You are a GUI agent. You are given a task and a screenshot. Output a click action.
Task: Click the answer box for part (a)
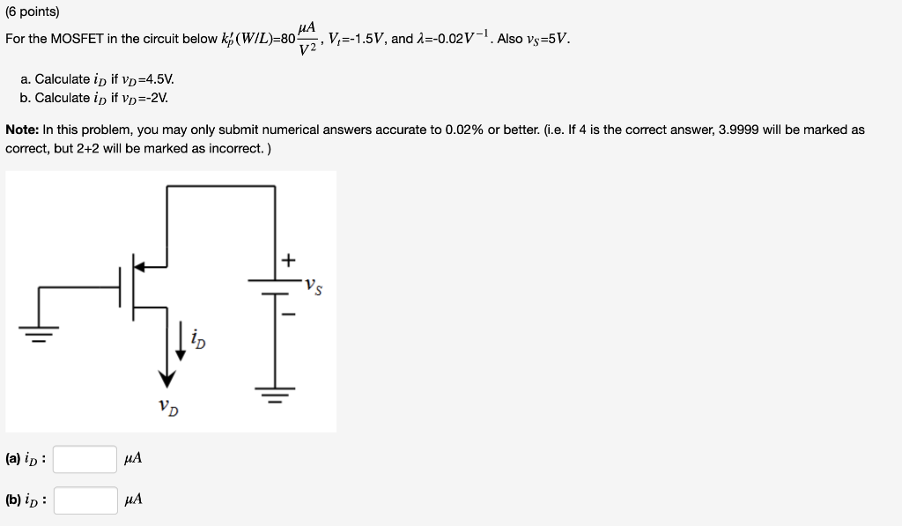point(85,459)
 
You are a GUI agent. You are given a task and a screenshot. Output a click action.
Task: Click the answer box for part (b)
point(85,500)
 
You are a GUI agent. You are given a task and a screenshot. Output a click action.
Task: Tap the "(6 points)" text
point(32,12)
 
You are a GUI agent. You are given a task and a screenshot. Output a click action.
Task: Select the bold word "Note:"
point(22,130)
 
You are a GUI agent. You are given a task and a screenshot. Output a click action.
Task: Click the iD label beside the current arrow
point(199,339)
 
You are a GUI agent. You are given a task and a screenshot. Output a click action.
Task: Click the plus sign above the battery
point(289,260)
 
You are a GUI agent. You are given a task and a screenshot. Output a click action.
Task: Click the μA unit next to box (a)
point(133,459)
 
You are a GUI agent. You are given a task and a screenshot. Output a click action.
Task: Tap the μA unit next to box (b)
point(133,500)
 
